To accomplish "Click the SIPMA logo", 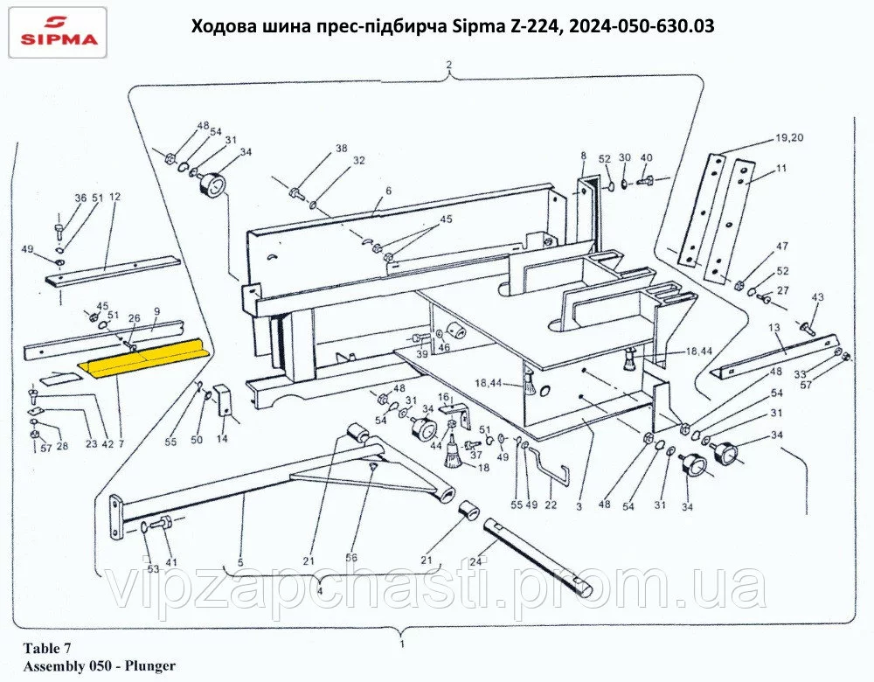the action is point(58,31).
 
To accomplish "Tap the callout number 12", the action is point(114,197).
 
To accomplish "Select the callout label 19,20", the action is point(788,138).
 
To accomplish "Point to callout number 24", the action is point(475,561).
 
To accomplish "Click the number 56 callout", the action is point(351,558).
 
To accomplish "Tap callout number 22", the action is point(551,505).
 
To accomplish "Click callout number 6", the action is point(389,191).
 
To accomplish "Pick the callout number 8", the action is point(584,156).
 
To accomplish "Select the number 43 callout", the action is point(817,297).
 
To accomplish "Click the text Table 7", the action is point(47,648).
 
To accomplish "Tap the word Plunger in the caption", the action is point(150,665).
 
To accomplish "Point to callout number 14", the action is point(222,439).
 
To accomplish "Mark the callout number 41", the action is point(171,562).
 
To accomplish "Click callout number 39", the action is point(422,354).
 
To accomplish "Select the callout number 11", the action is point(781,167).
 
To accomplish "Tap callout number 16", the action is point(444,396).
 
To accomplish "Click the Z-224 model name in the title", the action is point(531,25).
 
